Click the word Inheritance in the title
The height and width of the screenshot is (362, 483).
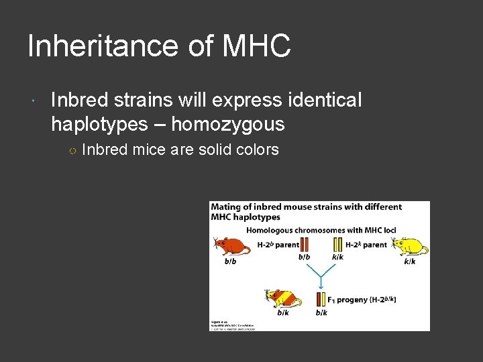point(101,47)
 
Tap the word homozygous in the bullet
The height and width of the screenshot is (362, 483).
point(229,124)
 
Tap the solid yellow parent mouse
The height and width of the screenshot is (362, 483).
point(411,247)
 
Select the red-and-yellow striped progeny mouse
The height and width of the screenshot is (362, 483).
point(282,298)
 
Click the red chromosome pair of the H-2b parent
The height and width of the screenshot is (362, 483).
point(303,245)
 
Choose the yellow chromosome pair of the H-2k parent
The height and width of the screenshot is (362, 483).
point(337,245)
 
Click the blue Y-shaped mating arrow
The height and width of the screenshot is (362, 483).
point(321,274)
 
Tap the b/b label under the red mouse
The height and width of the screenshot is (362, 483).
point(231,261)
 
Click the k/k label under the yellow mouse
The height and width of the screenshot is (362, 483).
point(410,261)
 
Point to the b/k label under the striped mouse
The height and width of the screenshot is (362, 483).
point(283,312)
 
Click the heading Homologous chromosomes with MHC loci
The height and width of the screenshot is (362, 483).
point(321,230)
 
